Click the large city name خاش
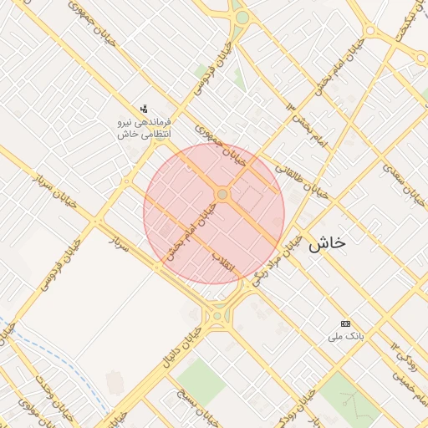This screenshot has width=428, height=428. pyautogui.click(x=327, y=243)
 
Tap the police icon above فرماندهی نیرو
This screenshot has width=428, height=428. pyautogui.click(x=145, y=108)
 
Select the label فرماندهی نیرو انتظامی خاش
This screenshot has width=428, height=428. pyautogui.click(x=145, y=128)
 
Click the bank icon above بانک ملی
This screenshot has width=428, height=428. pyautogui.click(x=345, y=324)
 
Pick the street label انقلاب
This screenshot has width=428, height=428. pyautogui.click(x=223, y=260)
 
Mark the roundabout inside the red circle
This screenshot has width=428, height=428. pyautogui.click(x=222, y=194)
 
